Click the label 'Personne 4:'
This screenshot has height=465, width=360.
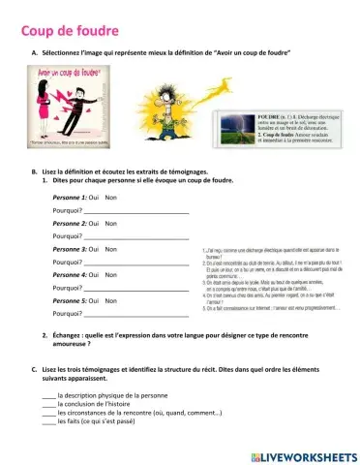click(x=70, y=275)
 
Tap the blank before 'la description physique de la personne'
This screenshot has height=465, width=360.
click(x=49, y=396)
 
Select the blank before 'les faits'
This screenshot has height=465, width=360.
click(x=49, y=422)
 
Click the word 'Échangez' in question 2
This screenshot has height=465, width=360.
click(x=69, y=334)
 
